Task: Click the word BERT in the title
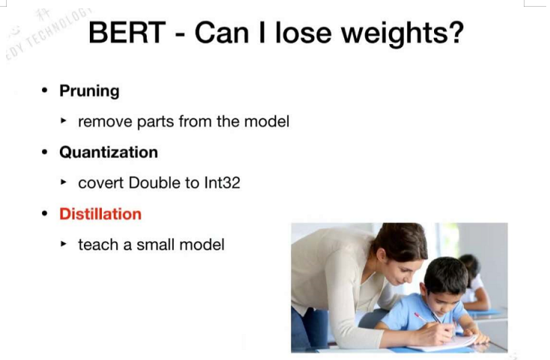127,33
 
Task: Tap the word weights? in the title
403,34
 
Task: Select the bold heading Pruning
90,91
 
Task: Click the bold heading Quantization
109,152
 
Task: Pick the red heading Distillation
100,214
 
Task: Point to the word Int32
222,183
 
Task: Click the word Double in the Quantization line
154,183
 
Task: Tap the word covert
101,183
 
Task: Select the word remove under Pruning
106,122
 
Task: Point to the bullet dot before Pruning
45,91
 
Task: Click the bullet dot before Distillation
45,214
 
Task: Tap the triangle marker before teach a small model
64,243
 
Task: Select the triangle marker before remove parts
64,120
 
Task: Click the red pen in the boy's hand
421,317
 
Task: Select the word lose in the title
303,33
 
